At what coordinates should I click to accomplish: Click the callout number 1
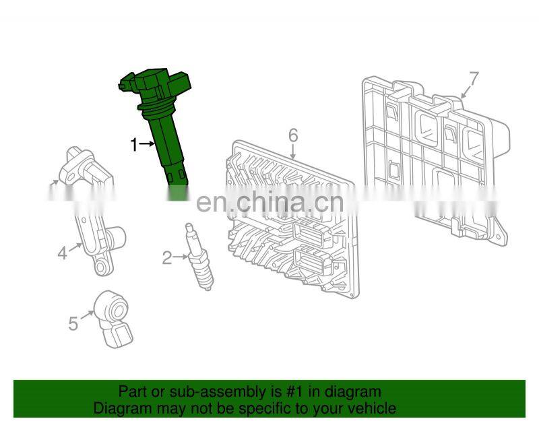pyautogui.click(x=134, y=145)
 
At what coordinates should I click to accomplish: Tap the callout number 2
pyautogui.click(x=167, y=258)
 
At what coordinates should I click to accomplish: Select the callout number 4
pyautogui.click(x=62, y=254)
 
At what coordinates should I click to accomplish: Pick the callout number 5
pyautogui.click(x=73, y=324)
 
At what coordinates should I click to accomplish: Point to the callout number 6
pyautogui.click(x=293, y=135)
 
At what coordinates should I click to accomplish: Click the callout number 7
pyautogui.click(x=474, y=78)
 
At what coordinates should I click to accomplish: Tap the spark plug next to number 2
pyautogui.click(x=199, y=257)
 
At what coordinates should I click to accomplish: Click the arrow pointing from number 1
pyautogui.click(x=148, y=143)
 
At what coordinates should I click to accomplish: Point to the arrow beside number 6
pyautogui.click(x=292, y=152)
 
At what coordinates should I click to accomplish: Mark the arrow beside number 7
pyautogui.click(x=466, y=92)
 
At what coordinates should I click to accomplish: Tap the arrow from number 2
pyautogui.click(x=181, y=257)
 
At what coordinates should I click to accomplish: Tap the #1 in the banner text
pyautogui.click(x=295, y=392)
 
